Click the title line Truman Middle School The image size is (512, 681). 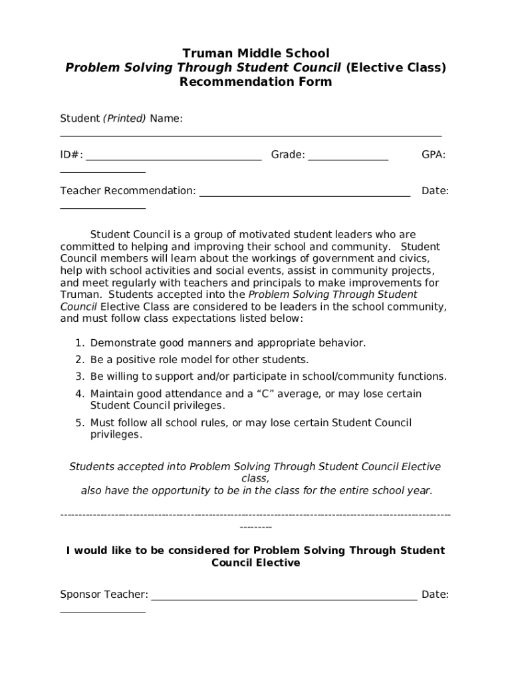[255, 53]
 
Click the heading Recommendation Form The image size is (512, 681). [255, 82]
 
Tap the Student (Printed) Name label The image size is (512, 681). [121, 118]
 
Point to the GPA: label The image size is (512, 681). [434, 155]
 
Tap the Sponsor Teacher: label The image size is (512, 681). [104, 595]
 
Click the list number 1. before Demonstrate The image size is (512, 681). [79, 343]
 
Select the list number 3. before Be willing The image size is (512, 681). [79, 376]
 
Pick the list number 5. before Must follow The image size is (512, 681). [79, 423]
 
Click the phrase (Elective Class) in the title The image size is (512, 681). [396, 68]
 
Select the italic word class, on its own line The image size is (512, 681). [255, 479]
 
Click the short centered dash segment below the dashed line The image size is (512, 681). [255, 527]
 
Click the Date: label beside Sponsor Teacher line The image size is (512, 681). [435, 595]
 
